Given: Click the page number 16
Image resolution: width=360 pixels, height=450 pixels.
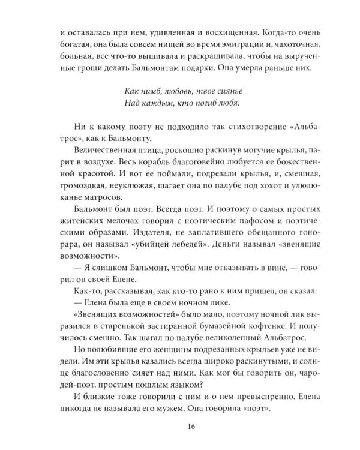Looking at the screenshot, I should click(179, 427).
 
